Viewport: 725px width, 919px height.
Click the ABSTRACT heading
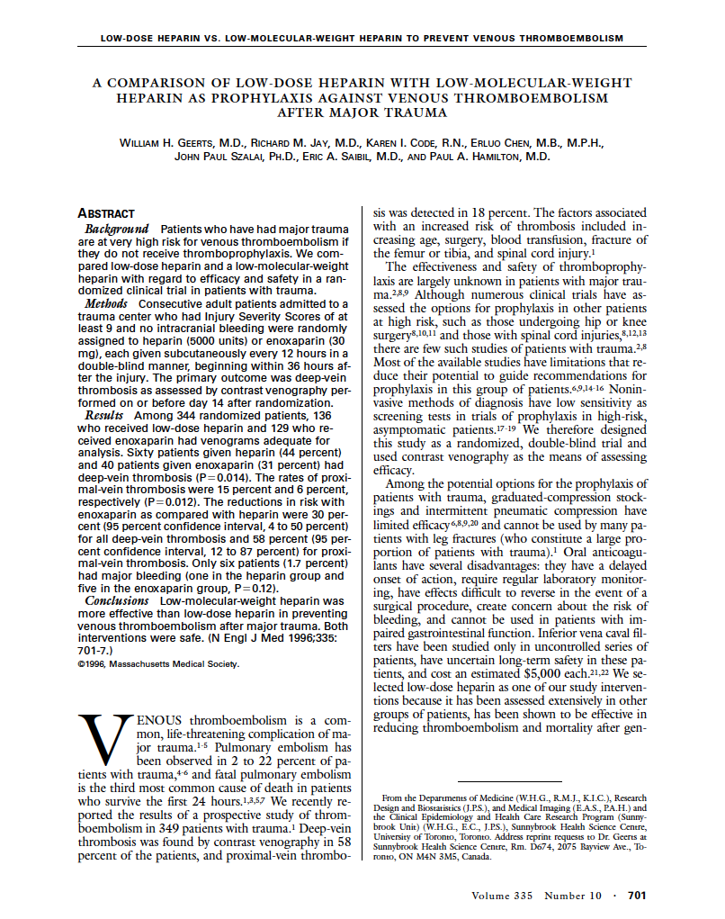(x=106, y=213)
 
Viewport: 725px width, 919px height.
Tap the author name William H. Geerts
(x=172, y=142)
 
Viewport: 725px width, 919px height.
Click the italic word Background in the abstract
(x=116, y=230)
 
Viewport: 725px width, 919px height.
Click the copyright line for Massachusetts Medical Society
(x=159, y=665)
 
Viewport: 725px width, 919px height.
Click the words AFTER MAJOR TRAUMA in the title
(x=362, y=113)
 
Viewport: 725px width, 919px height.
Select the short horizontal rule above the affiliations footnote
(x=510, y=781)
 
